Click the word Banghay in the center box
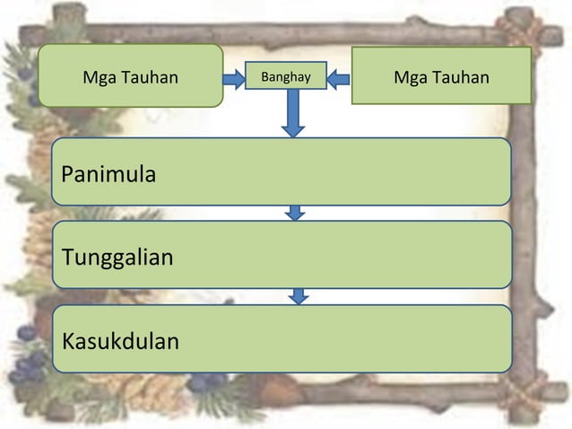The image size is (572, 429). tap(286, 77)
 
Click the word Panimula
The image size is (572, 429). tap(108, 174)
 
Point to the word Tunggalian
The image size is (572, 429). tap(117, 258)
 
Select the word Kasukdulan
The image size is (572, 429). tap(120, 342)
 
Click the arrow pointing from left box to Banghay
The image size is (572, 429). tap(234, 79)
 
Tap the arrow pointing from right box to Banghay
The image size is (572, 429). tap(338, 79)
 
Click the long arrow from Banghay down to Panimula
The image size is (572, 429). tap(293, 112)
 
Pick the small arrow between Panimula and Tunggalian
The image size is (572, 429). tap(295, 214)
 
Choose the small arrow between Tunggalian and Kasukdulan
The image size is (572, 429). tap(299, 296)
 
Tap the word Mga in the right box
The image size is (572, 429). tap(409, 77)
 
